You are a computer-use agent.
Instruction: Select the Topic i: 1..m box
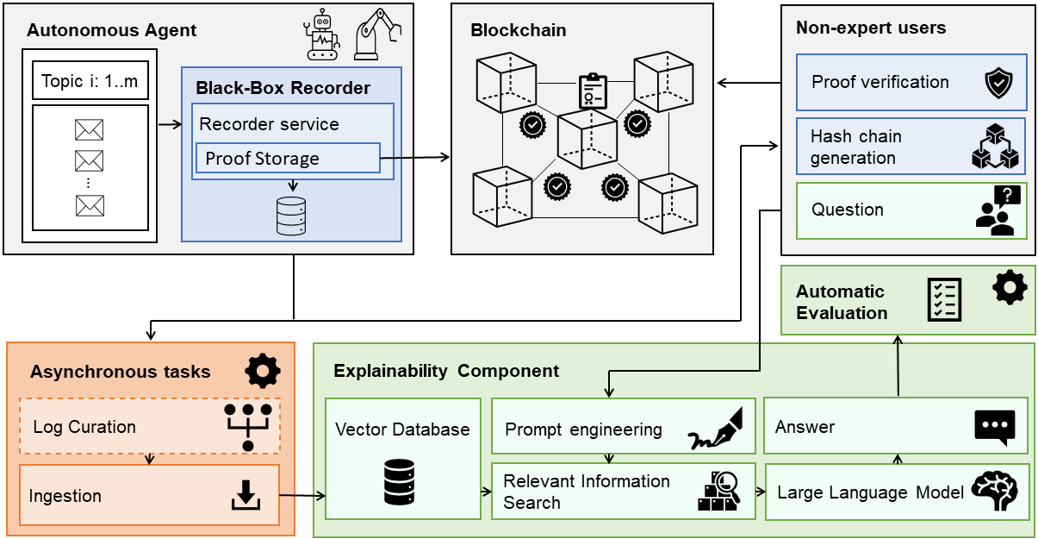click(x=90, y=83)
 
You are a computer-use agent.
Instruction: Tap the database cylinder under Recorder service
click(x=291, y=216)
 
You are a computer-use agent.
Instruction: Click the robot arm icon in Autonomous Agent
click(x=377, y=34)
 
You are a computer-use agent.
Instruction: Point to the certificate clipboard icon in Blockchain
click(x=592, y=91)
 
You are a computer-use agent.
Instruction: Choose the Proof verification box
click(x=911, y=83)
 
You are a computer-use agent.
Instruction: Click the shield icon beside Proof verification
click(x=998, y=85)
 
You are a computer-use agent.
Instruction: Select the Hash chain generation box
click(x=911, y=147)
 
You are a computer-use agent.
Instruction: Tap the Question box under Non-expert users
click(x=911, y=210)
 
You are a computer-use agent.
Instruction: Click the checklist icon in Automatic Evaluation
click(x=944, y=299)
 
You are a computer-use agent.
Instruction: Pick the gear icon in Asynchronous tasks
click(x=263, y=370)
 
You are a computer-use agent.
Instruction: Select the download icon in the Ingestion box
click(x=246, y=496)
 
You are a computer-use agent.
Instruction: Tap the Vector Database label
click(x=402, y=429)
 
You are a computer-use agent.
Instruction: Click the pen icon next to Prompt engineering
click(x=716, y=431)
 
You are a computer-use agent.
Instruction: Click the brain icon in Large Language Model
click(x=994, y=491)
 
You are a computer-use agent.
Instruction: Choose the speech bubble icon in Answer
click(x=994, y=427)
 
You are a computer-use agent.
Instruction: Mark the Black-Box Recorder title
click(x=283, y=88)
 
